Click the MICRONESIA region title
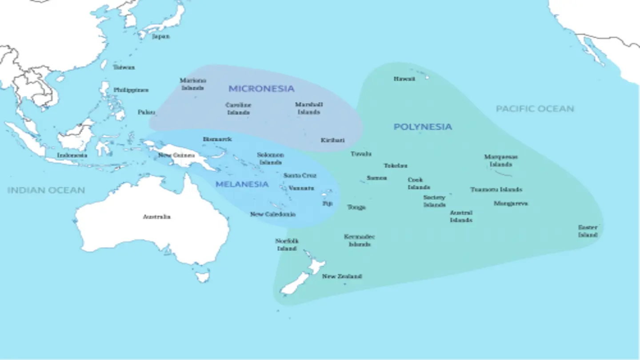tap(261, 88)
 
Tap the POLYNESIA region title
tap(423, 127)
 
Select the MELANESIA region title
tap(242, 184)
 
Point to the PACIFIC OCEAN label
tap(535, 108)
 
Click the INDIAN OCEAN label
tap(46, 190)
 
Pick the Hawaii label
tap(404, 79)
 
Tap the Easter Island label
tap(588, 231)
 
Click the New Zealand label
tap(342, 276)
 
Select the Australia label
tap(156, 217)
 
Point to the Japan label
tap(161, 36)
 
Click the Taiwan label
tap(124, 67)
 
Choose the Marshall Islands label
tap(309, 108)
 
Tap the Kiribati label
tap(332, 140)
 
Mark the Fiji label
tap(327, 204)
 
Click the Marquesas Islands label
tap(501, 160)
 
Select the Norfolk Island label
tap(287, 244)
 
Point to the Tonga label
tap(356, 207)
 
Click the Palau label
tap(146, 112)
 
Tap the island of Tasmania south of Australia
tap(202, 277)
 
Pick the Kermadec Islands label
tap(360, 240)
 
